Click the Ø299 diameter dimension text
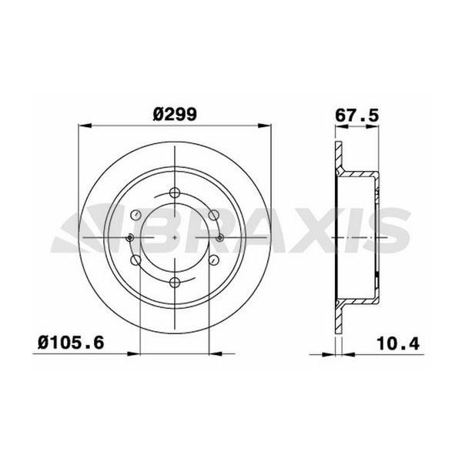[176, 113]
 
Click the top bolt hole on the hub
[176, 192]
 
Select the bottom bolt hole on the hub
[176, 283]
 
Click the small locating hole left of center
[130, 238]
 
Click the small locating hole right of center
[221, 238]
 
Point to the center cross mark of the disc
[176, 238]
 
